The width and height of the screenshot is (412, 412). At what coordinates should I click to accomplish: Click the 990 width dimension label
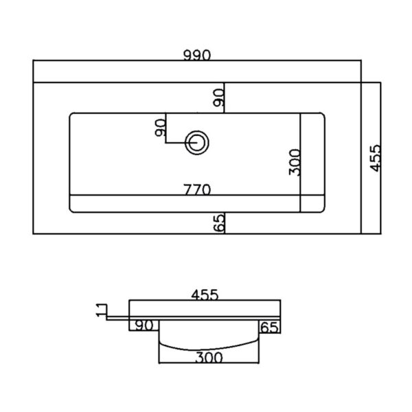[x=197, y=55]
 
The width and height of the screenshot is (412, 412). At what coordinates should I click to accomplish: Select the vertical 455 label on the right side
[x=375, y=158]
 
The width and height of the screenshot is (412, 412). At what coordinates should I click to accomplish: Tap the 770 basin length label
[x=197, y=190]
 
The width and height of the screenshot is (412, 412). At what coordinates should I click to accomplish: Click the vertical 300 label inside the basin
[x=295, y=162]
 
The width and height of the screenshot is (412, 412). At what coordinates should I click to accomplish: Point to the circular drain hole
[x=197, y=143]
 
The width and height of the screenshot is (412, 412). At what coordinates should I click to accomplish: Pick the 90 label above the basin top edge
[x=218, y=98]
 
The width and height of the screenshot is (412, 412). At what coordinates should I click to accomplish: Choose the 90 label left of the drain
[x=160, y=128]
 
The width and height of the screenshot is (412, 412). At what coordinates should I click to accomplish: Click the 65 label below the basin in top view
[x=219, y=222]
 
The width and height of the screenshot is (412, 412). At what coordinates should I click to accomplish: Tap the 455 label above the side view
[x=205, y=295]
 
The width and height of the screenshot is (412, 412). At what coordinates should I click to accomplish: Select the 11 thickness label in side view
[x=101, y=310]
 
